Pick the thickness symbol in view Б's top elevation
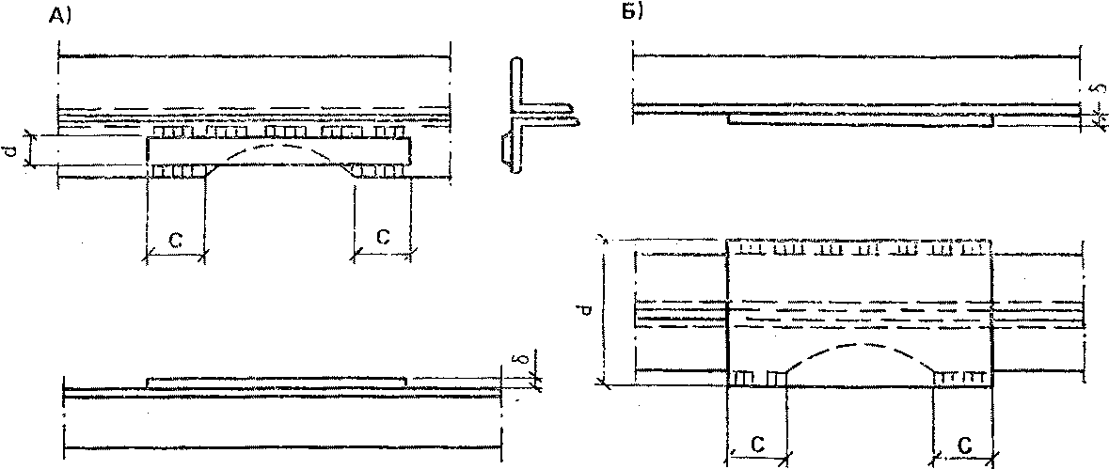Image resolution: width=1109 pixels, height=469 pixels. (1094, 90)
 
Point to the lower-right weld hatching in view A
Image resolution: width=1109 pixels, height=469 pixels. (381, 171)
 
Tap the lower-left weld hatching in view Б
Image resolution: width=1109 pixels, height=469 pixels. (758, 378)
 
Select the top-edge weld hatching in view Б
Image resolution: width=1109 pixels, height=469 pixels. (861, 250)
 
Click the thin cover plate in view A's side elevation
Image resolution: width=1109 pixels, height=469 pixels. (277, 381)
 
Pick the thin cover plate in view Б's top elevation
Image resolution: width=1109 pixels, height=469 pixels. (861, 121)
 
